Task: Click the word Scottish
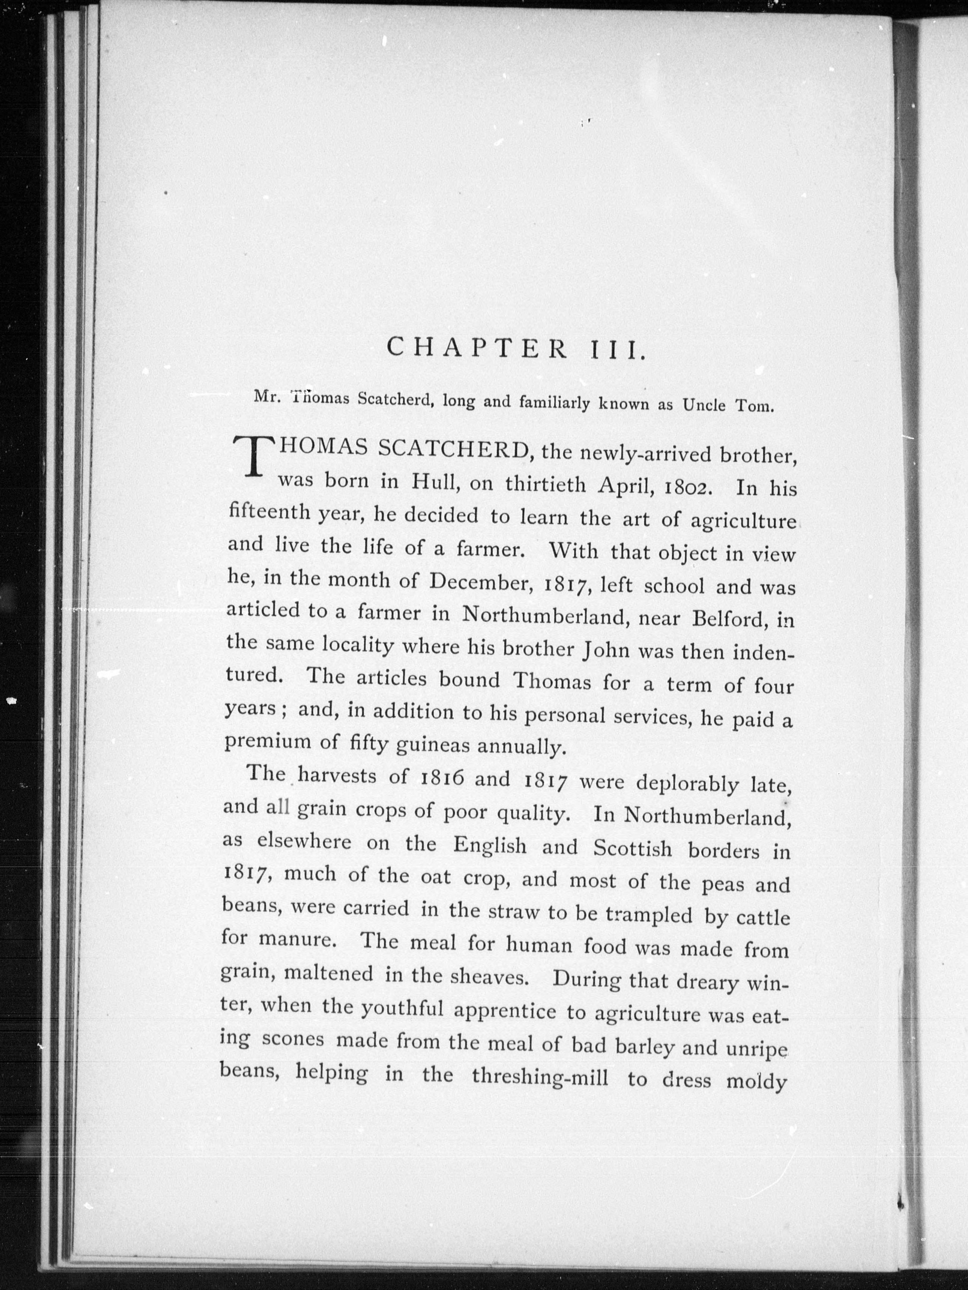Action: (632, 847)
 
